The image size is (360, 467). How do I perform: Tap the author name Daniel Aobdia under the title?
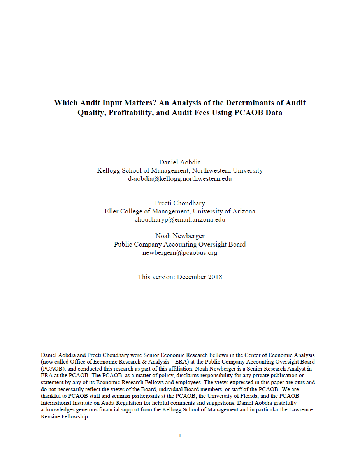pos(180,162)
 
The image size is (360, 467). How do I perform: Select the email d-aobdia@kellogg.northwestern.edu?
pos(180,179)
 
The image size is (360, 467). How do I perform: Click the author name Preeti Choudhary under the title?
pos(180,203)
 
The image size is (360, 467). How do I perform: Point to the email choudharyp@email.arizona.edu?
pos(180,220)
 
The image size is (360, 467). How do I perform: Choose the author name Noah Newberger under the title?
pos(180,236)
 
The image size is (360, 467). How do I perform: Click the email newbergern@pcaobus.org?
pos(180,253)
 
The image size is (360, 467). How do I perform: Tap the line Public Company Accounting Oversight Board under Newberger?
pos(180,244)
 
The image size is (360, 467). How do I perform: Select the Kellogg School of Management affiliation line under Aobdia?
pos(180,170)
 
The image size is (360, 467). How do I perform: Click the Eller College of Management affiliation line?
pos(180,212)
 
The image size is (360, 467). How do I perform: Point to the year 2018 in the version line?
pos(214,277)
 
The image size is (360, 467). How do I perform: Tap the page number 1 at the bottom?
pos(180,436)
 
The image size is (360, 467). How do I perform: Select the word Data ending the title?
pos(274,113)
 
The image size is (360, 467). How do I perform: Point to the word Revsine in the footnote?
pos(50,416)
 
